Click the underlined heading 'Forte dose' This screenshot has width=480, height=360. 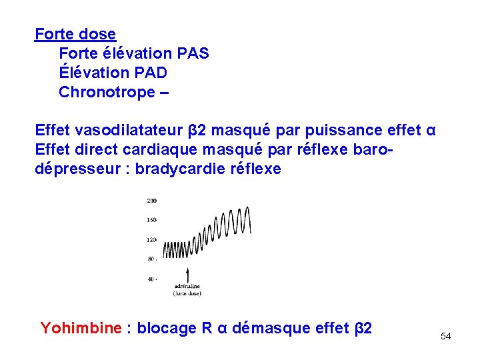(x=75, y=34)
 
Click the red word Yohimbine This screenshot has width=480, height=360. (x=81, y=328)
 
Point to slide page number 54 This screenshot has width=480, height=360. (x=445, y=337)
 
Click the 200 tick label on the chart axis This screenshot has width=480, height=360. (x=152, y=200)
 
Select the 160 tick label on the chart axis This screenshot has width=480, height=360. (x=152, y=219)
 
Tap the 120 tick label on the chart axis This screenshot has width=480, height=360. (x=152, y=239)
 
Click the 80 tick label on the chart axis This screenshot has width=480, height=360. (x=152, y=259)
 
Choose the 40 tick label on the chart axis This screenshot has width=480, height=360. (x=152, y=279)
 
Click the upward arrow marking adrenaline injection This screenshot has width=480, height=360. (x=187, y=275)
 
